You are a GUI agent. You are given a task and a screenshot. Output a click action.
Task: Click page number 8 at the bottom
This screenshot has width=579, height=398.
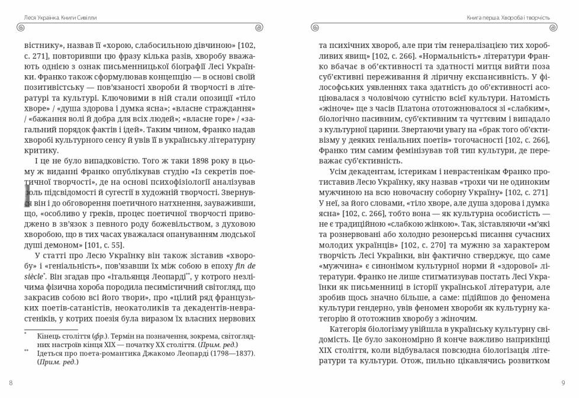(x=11, y=383)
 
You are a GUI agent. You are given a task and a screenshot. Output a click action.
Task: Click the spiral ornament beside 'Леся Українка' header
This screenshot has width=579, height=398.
(x=21, y=27)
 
